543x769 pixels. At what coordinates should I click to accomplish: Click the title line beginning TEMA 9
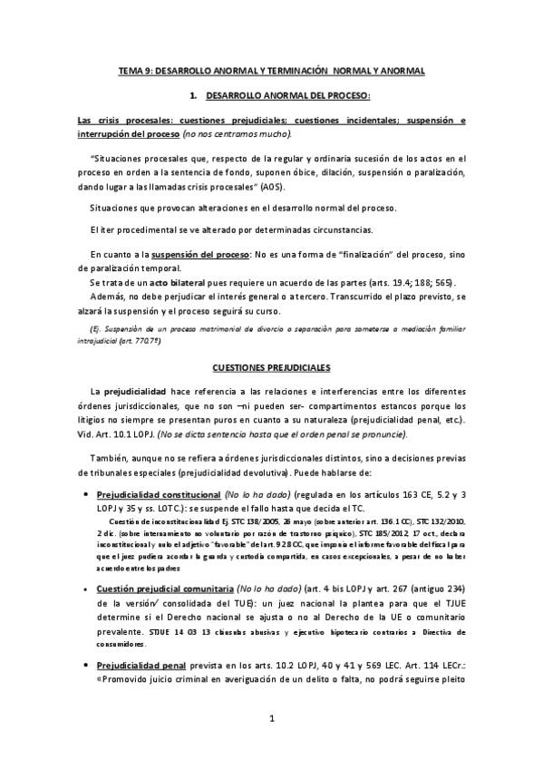click(x=271, y=70)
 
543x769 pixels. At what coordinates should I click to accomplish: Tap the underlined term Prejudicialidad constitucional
click(x=160, y=496)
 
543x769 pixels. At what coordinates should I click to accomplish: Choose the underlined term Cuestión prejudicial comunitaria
click(x=169, y=562)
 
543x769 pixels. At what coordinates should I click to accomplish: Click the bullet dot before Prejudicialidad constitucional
click(x=84, y=496)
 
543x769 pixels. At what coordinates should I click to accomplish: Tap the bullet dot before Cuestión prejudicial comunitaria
click(x=84, y=562)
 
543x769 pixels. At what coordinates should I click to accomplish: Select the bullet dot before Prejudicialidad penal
click(x=84, y=640)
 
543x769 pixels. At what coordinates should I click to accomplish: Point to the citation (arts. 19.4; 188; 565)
click(x=410, y=282)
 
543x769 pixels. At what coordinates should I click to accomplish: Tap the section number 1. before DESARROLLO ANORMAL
click(x=192, y=95)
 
